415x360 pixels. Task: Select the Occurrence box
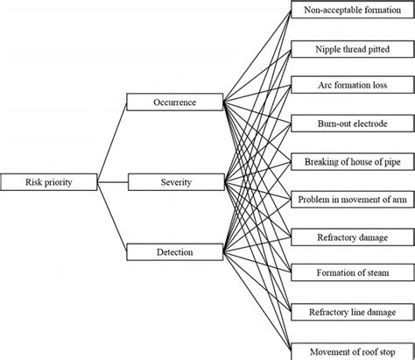[175, 102]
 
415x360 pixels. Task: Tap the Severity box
[175, 182]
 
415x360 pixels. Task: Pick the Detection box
[175, 253]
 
